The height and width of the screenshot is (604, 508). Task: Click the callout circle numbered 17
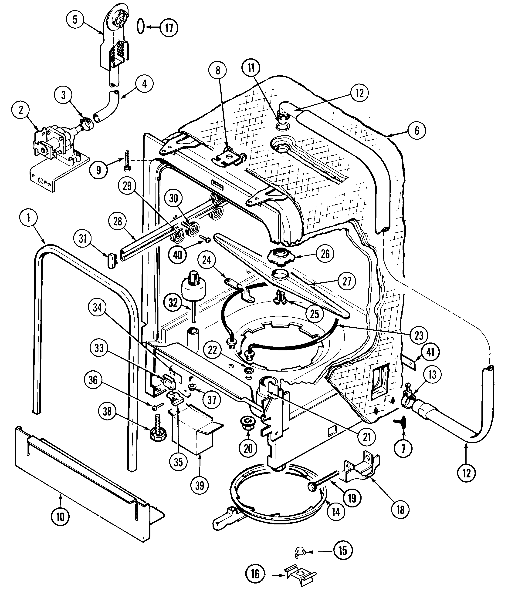pyautogui.click(x=169, y=28)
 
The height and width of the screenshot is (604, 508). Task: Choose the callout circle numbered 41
pyautogui.click(x=430, y=352)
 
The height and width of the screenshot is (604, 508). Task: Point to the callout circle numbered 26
pyautogui.click(x=325, y=254)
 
